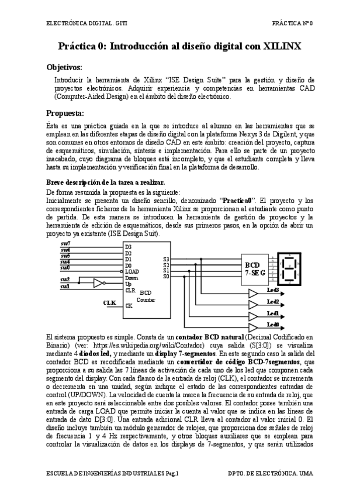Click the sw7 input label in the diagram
[x=66, y=243]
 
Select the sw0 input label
[x=66, y=267]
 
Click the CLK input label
[x=110, y=302]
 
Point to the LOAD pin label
[x=133, y=271]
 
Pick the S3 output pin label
[x=166, y=258]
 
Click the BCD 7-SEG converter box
[x=255, y=267]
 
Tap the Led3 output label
[x=273, y=290]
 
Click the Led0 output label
[x=273, y=323]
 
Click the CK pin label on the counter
[x=129, y=305]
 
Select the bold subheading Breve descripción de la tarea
[x=101, y=182]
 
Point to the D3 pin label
[x=129, y=247]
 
